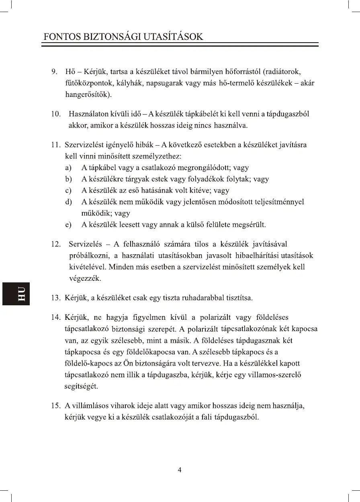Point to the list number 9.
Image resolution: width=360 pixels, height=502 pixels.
point(54,72)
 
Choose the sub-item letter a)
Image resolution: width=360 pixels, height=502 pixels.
point(68,168)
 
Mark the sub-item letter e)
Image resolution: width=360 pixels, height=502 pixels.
point(68,224)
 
